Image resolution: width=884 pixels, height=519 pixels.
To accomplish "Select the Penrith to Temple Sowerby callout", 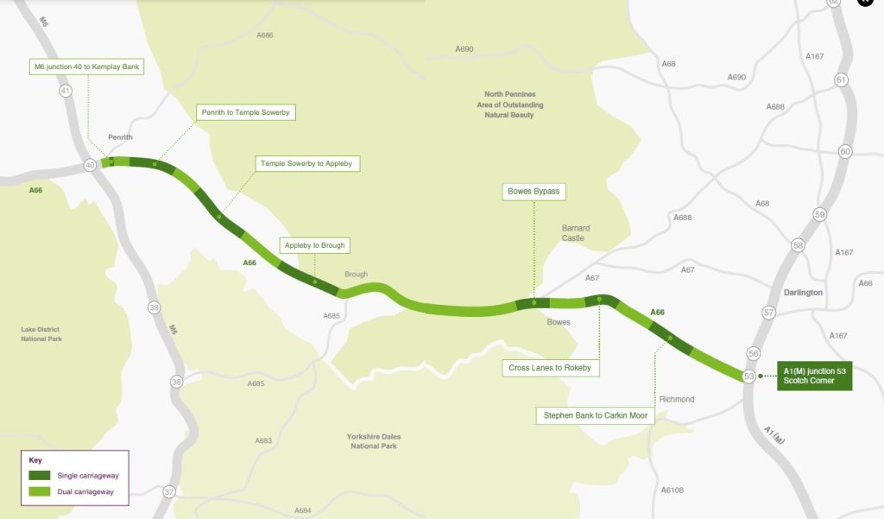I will [x=246, y=112].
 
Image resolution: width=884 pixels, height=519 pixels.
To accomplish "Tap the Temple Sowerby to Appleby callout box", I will [x=306, y=163].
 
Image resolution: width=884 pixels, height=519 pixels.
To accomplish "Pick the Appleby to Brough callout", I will [x=314, y=245].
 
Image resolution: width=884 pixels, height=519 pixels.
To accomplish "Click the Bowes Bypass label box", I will [x=534, y=191].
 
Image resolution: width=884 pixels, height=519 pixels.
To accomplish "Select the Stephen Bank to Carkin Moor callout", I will [x=595, y=415].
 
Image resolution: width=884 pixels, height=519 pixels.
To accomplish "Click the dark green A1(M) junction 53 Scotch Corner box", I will [x=814, y=376].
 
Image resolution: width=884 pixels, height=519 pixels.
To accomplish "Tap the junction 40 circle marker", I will [x=89, y=165].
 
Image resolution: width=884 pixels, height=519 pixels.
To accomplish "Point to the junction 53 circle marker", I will [x=748, y=376].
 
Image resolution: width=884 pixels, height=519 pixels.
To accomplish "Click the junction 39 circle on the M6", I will [x=154, y=307].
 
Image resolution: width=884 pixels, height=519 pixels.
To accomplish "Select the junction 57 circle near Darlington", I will [x=769, y=312].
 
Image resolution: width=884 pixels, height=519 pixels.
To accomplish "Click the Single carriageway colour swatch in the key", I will [x=40, y=475].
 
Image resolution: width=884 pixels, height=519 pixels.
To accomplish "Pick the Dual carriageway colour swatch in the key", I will [x=40, y=491].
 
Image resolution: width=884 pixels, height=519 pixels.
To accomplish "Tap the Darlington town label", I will [x=804, y=293].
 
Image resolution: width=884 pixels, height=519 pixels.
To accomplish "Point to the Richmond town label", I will [x=676, y=400].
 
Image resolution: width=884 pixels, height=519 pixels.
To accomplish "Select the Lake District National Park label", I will [x=41, y=333].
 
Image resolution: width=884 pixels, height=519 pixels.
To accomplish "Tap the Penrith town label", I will [x=120, y=137].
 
